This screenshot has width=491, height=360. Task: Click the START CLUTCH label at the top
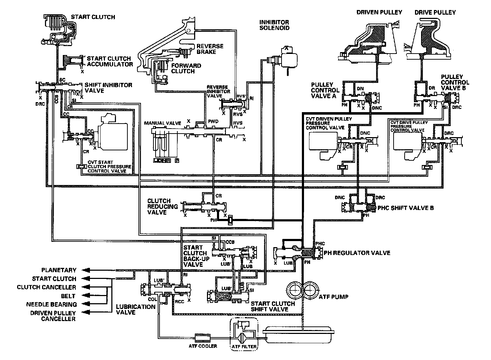pos(93,17)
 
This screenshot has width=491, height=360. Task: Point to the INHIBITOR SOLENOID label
pos(274,25)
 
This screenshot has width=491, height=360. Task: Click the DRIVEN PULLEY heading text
pos(379,12)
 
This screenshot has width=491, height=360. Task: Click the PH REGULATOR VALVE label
pos(357,253)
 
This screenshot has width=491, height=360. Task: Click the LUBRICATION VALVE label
pos(136,309)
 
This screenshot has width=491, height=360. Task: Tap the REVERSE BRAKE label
pos(210,49)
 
